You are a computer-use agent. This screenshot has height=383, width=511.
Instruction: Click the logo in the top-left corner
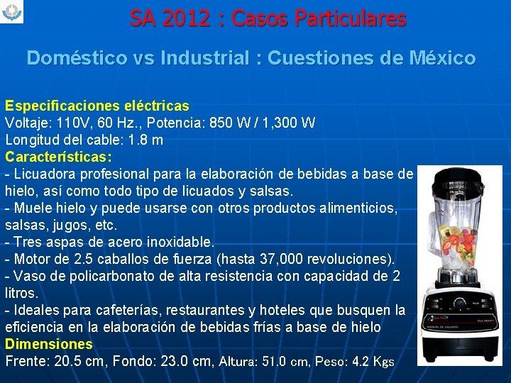tap(13, 12)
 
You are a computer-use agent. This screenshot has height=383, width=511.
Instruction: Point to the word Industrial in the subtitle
tap(206, 58)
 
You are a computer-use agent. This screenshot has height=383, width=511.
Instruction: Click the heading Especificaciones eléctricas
tap(97, 106)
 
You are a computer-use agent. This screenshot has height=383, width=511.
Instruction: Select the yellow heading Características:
tap(59, 156)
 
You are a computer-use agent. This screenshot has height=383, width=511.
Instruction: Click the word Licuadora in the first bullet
tap(45, 174)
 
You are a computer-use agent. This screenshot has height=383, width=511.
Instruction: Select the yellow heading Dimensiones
tap(49, 344)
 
